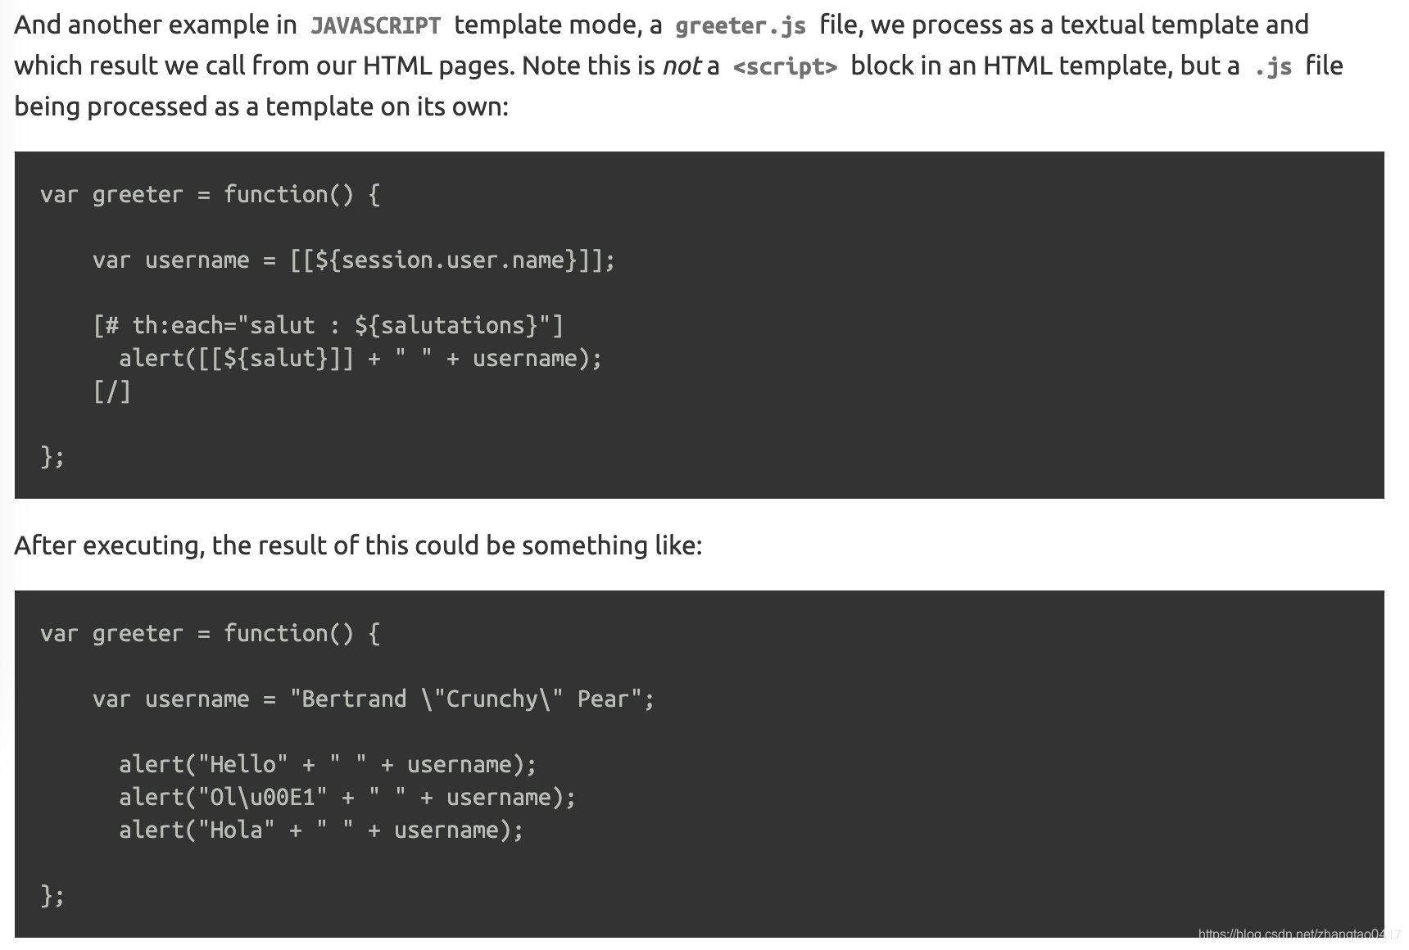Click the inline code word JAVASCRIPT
375,25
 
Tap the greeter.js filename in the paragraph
740,25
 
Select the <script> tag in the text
785,66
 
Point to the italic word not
682,66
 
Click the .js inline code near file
1272,66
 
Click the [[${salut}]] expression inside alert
276,359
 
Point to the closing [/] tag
112,391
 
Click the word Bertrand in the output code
354,699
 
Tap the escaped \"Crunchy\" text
492,699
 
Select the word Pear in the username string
603,699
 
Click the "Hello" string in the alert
242,765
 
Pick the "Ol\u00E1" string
262,798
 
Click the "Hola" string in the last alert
236,830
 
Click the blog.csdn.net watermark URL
1298,934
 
